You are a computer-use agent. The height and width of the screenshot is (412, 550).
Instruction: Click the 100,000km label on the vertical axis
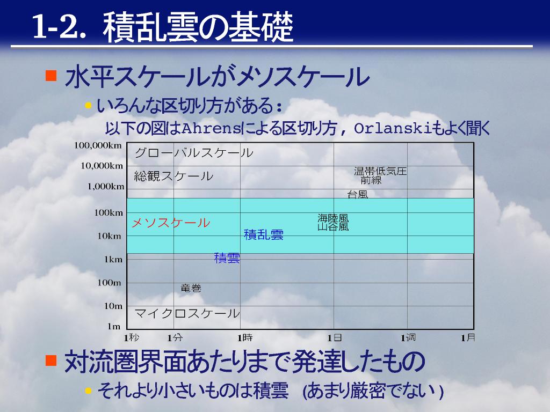[x=98, y=145]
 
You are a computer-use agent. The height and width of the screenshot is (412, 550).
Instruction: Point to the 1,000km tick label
[x=106, y=186]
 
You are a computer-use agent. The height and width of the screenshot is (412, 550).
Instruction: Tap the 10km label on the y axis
[x=110, y=236]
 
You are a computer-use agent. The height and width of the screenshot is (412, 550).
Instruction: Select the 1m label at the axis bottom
[x=114, y=327]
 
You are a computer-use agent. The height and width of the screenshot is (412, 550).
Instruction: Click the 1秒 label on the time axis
[x=132, y=338]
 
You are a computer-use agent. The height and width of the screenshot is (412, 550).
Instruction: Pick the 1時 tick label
[x=245, y=338]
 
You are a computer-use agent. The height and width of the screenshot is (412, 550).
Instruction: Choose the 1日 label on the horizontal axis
[x=334, y=338]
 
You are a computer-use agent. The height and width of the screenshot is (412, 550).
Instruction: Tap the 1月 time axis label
[x=468, y=338]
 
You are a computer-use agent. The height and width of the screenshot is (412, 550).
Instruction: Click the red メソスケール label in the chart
[x=171, y=223]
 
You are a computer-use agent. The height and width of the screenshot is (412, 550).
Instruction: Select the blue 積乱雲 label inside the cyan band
[x=264, y=234]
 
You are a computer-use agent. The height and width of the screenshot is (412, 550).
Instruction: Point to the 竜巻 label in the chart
[x=191, y=288]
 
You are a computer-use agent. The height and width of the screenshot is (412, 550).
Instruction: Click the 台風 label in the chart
[x=357, y=194]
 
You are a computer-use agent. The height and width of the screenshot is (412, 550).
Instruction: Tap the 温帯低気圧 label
[x=380, y=171]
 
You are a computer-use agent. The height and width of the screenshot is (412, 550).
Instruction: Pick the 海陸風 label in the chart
[x=333, y=218]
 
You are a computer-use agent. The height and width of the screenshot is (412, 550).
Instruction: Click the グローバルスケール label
[x=194, y=153]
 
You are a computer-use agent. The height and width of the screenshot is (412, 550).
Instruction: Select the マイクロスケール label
[x=187, y=313]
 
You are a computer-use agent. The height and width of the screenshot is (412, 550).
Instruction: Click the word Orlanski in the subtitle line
[x=393, y=129]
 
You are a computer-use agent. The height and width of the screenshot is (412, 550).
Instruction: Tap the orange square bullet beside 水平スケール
[x=51, y=76]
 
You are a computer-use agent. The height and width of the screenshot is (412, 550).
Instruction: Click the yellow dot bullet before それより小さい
[x=88, y=390]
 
